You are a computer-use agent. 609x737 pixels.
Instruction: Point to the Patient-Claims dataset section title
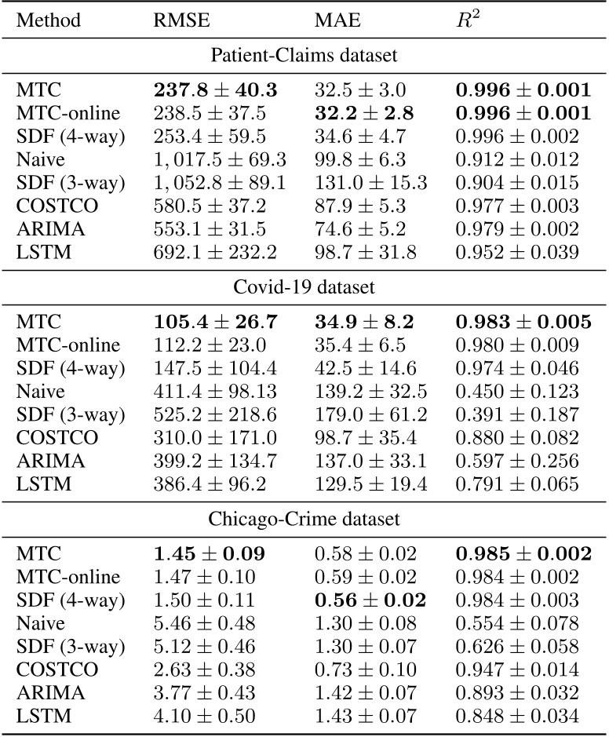[x=303, y=57]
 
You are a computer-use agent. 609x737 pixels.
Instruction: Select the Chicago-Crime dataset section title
[x=303, y=518]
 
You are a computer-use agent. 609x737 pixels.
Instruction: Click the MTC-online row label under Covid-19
[x=68, y=345]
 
